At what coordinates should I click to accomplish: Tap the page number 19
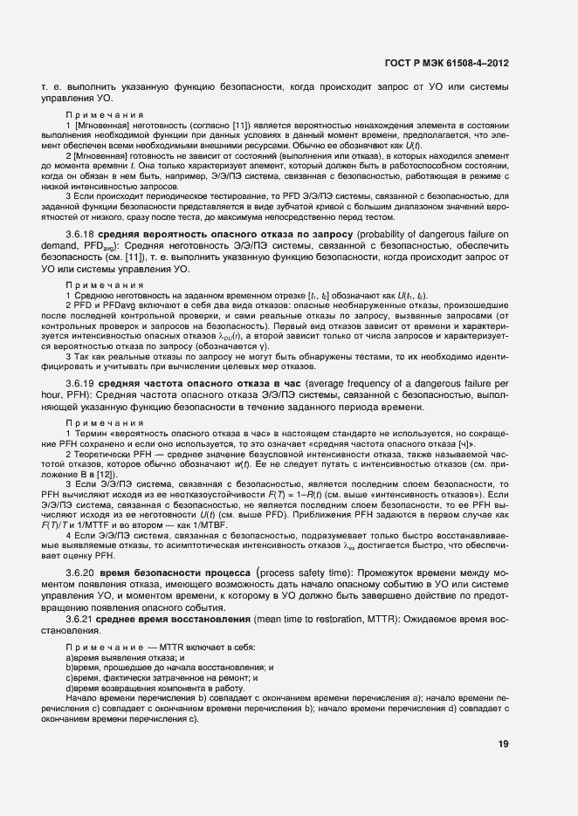pyautogui.click(x=504, y=744)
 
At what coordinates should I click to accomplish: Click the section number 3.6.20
pyautogui.click(x=82, y=571)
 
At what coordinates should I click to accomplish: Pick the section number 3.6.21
pyautogui.click(x=82, y=618)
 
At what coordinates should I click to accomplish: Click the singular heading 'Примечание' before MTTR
pyautogui.click(x=104, y=646)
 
